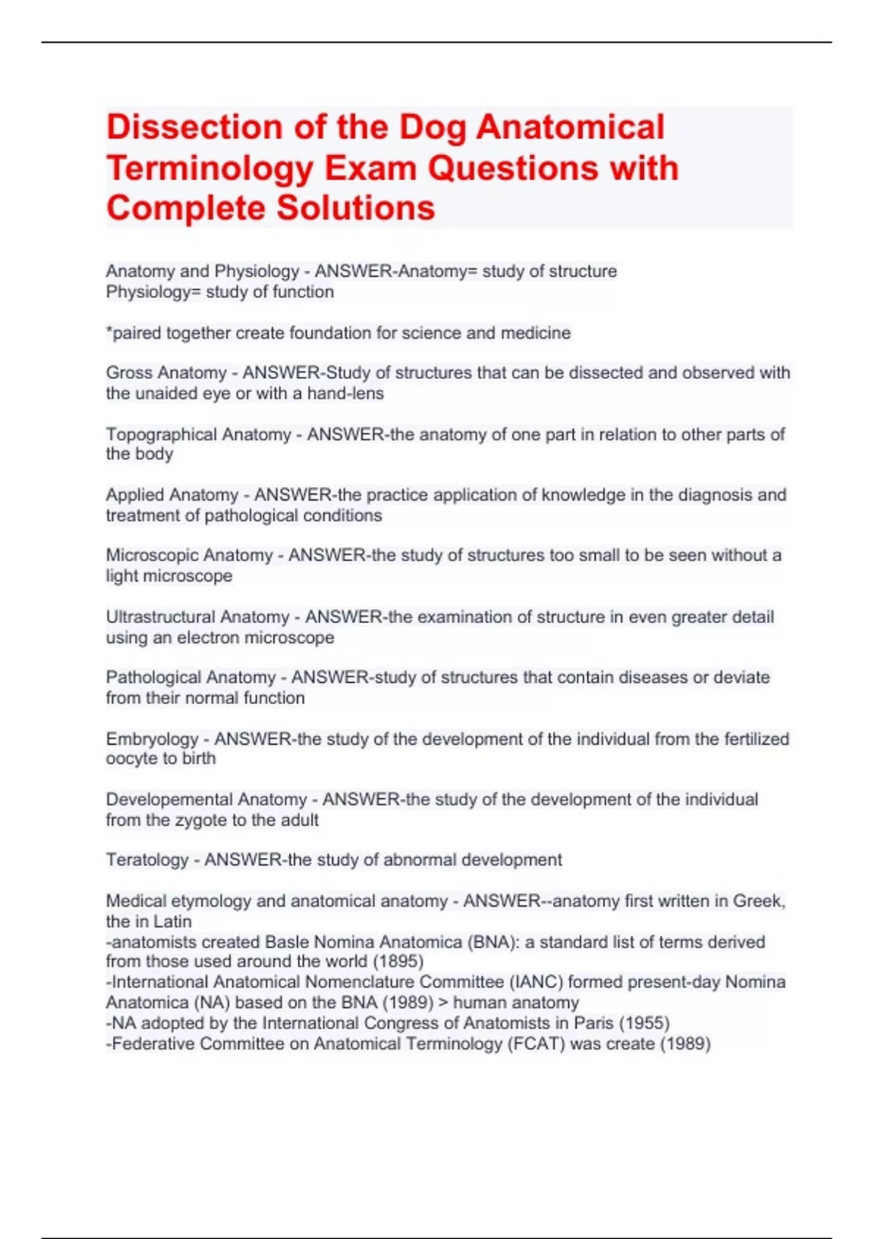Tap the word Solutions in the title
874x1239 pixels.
[356, 208]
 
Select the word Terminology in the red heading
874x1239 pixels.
[209, 168]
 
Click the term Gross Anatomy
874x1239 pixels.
[166, 373]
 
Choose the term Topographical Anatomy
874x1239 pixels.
[198, 434]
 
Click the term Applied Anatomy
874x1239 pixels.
[172, 495]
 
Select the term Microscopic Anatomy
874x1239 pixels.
[189, 555]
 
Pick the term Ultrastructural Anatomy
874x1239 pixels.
[197, 617]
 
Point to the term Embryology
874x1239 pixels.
[151, 739]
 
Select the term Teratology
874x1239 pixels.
[147, 860]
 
